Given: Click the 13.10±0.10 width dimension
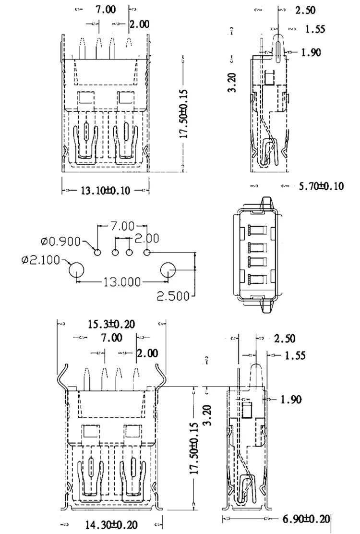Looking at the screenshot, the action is (x=105, y=190).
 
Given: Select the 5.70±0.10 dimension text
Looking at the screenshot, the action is (x=321, y=186).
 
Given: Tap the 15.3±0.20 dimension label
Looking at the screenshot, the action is (x=111, y=324).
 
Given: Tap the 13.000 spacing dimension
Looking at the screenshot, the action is (x=122, y=281).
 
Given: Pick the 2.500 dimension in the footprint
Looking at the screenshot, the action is (x=173, y=296).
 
